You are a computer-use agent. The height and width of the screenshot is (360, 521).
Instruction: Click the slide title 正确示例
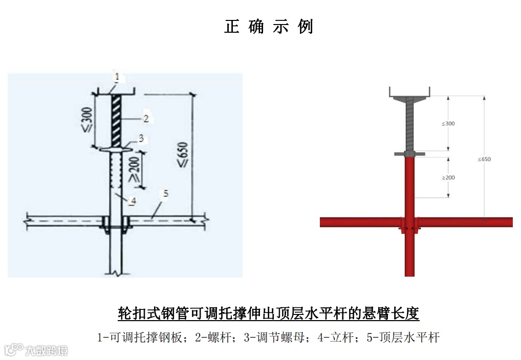pos(268,27)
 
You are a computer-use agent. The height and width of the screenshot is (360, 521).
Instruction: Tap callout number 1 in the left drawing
pos(117,77)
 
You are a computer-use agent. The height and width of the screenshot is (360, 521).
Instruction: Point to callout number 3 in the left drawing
pos(141,138)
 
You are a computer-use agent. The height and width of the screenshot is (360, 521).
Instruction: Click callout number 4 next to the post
pos(133,201)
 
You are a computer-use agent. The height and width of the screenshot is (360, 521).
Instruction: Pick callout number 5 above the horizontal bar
pos(166,193)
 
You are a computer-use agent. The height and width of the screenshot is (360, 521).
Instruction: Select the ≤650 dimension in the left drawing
pos(183,155)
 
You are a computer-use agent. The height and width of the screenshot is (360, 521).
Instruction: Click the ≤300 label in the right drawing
pos(448,124)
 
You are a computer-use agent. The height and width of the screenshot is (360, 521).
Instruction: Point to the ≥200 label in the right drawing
pos(448,177)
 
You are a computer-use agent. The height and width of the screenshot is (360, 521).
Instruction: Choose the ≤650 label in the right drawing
pos(484,159)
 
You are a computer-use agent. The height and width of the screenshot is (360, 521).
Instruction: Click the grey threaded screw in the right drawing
pos(409,124)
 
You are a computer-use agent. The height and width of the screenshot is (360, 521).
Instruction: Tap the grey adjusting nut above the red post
pos(409,153)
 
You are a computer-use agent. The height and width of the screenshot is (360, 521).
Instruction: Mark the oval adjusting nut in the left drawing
pos(117,149)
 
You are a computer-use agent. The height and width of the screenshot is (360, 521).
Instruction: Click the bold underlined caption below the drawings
pos(268,313)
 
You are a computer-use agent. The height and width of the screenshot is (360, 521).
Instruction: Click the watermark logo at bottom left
pos(36,350)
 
